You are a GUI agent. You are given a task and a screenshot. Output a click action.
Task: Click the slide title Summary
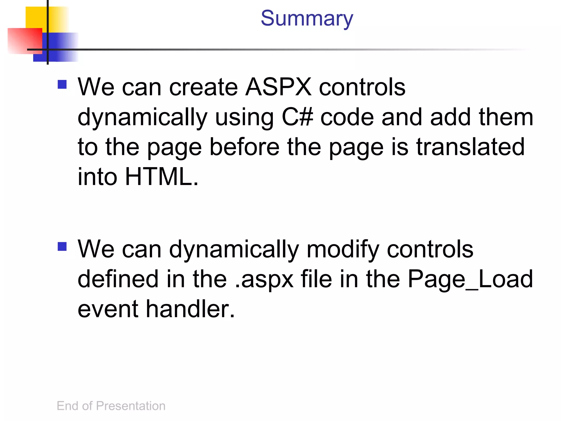[307, 19]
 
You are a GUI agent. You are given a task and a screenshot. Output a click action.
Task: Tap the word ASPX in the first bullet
[278, 87]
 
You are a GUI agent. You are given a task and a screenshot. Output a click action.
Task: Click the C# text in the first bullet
[297, 117]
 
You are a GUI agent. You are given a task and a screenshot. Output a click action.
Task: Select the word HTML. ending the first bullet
[162, 177]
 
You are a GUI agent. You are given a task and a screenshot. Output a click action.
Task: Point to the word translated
[470, 147]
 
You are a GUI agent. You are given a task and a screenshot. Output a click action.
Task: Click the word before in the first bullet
[244, 147]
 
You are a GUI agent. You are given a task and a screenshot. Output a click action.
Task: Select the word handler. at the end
[190, 309]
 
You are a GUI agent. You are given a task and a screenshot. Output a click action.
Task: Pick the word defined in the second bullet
[118, 279]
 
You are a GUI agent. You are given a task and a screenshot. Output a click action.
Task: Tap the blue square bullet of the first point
[62, 84]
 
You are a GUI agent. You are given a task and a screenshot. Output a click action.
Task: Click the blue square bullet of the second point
[62, 246]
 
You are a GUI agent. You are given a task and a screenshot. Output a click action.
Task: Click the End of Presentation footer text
[111, 406]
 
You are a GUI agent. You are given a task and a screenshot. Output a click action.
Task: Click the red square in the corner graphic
[22, 40]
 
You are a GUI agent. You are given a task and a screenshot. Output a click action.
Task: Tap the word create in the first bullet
[204, 87]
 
